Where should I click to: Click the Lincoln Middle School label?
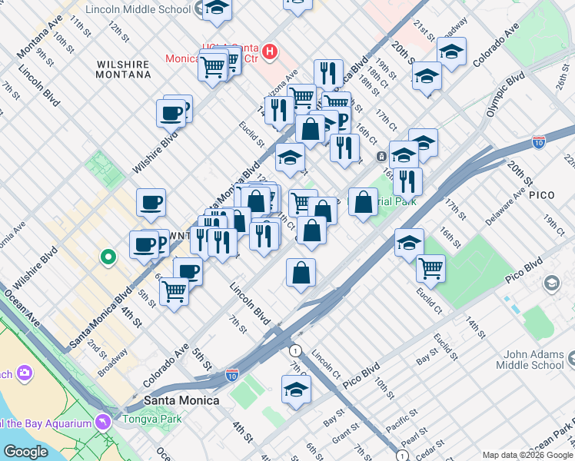point(138,10)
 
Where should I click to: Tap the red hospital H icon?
point(269,52)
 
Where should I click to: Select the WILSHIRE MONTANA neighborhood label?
point(123,69)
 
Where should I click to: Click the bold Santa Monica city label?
point(182,400)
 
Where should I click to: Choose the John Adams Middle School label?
point(534,360)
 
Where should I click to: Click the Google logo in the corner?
point(25,452)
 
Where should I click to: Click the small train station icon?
point(381,157)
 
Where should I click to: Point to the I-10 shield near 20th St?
point(539,142)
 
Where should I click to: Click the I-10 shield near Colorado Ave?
point(232,374)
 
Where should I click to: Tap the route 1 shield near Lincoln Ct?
point(297,350)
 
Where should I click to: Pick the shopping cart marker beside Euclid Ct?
point(430,268)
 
